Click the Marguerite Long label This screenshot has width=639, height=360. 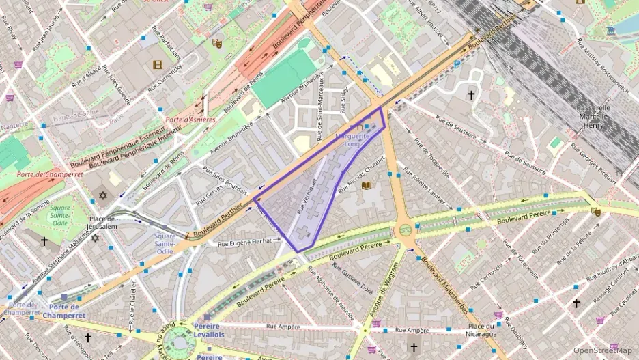[x=352, y=140]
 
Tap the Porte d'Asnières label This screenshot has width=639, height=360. [x=190, y=120]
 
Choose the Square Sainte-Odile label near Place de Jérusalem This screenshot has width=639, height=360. [x=165, y=244]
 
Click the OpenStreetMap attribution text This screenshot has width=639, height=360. [x=602, y=350]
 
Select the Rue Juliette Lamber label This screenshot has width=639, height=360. [x=425, y=185]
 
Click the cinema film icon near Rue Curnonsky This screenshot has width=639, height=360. [x=158, y=65]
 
